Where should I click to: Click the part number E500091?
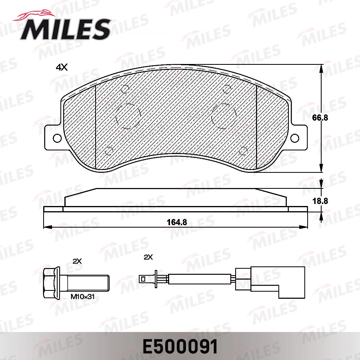pyautogui.click(x=180, y=347)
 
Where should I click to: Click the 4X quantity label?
pyautogui.click(x=62, y=68)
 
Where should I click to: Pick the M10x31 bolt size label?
pyautogui.click(x=82, y=297)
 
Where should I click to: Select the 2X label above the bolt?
pyautogui.click(x=77, y=261)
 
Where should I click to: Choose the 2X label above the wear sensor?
pyautogui.click(x=148, y=257)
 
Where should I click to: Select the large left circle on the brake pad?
pyautogui.click(x=128, y=116)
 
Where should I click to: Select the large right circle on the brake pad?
pyautogui.click(x=224, y=116)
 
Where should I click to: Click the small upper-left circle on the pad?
pyautogui.click(x=125, y=89)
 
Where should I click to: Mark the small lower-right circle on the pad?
pyautogui.click(x=242, y=151)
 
